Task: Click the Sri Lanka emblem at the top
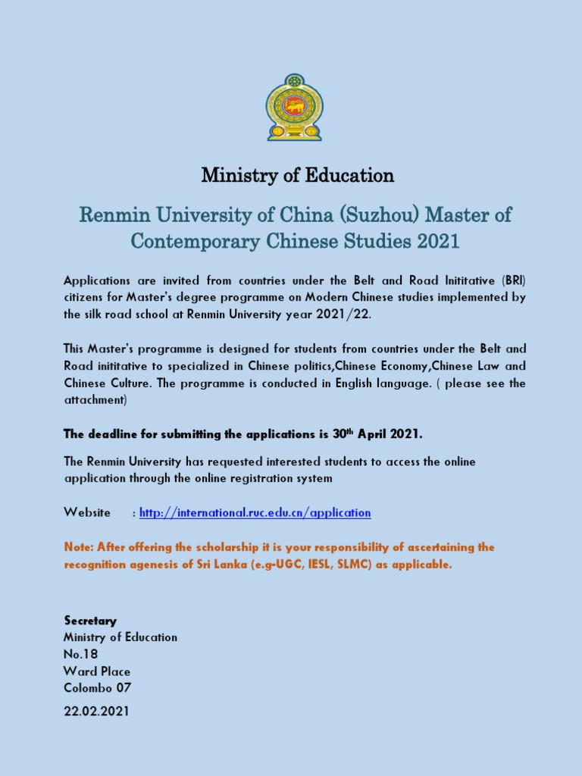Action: click(293, 107)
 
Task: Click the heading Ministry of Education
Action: click(297, 176)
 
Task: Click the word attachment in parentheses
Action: click(95, 399)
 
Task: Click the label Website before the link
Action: click(87, 513)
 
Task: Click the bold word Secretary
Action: click(90, 621)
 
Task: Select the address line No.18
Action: click(80, 654)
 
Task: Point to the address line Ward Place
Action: click(97, 671)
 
